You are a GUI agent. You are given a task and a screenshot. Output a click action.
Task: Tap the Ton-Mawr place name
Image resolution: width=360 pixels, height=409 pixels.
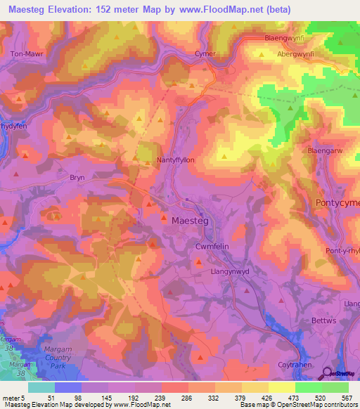pos(26,53)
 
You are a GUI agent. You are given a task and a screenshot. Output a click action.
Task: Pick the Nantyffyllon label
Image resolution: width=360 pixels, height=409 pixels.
pos(175,160)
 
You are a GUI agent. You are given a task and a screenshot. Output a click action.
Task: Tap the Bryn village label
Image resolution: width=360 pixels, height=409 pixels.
pos(77,178)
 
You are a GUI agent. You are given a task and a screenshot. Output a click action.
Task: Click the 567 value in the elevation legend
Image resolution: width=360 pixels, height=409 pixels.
pos(345,398)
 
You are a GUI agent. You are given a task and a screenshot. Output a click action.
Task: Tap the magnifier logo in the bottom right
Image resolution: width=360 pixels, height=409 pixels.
pos(326,374)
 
